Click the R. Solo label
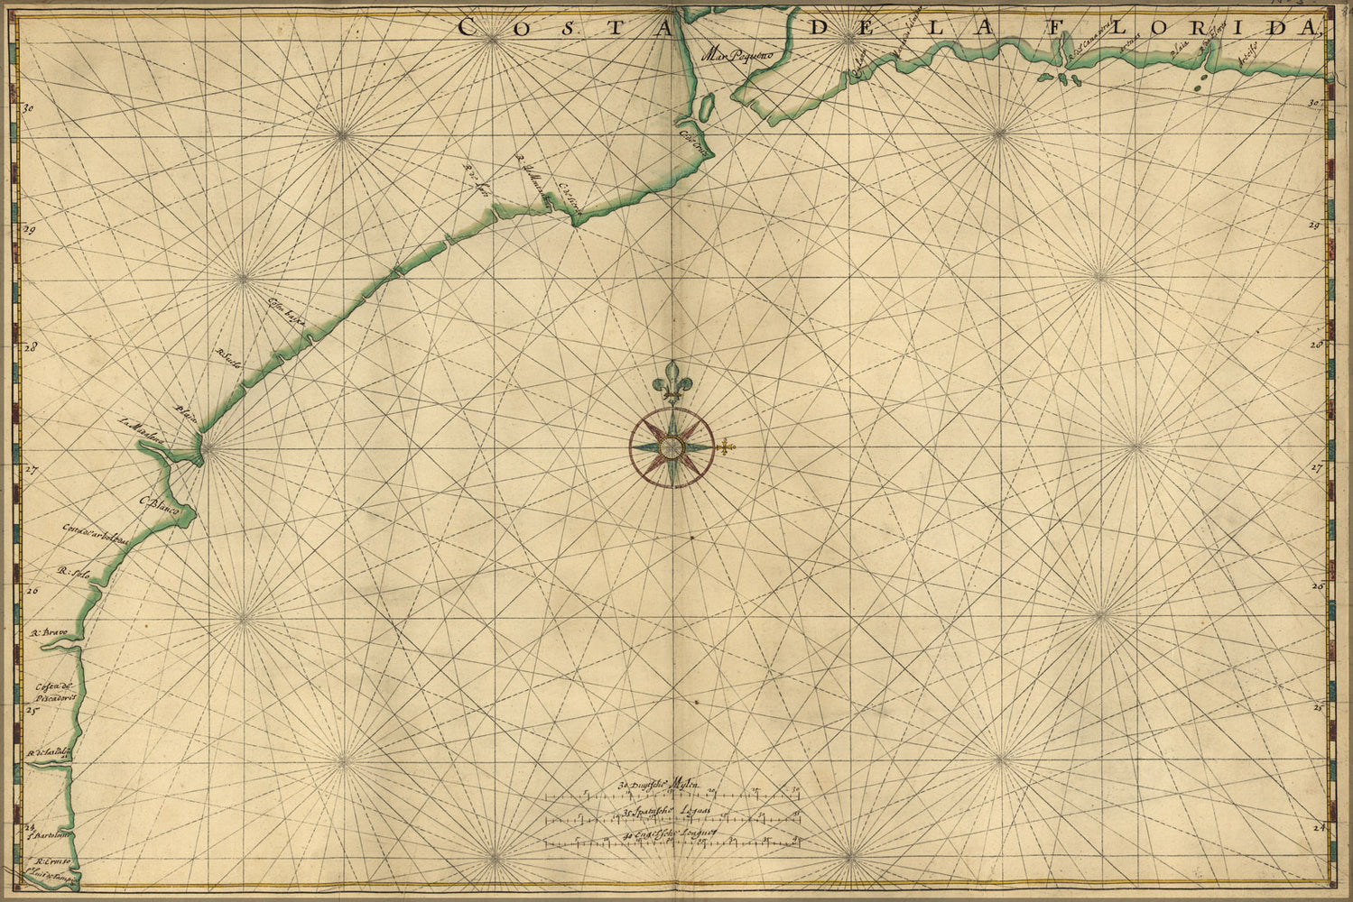[x=76, y=571]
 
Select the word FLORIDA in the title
[x=1234, y=27]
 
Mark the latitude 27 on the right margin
[x=1317, y=468]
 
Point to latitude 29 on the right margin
[x=1315, y=225]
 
